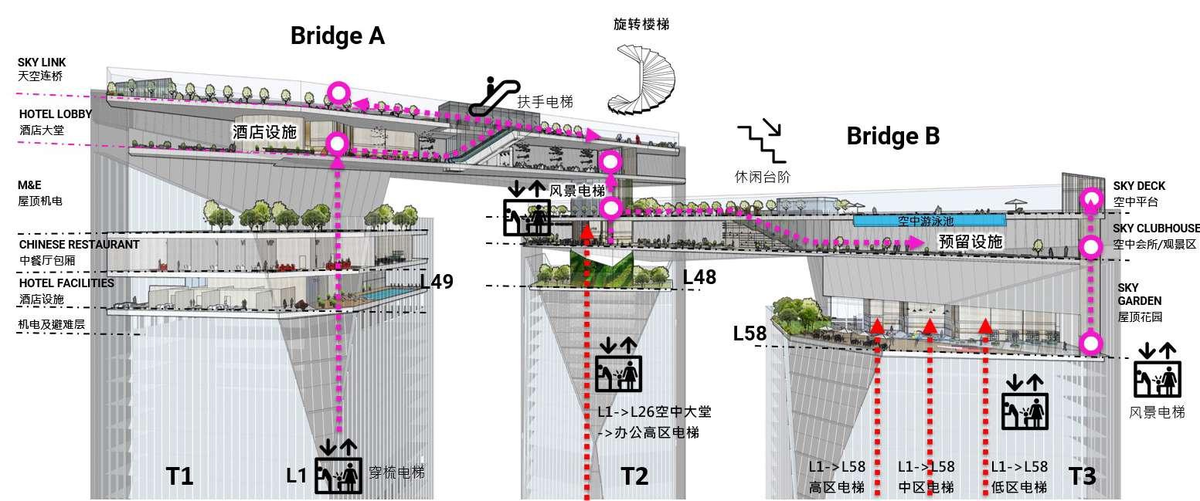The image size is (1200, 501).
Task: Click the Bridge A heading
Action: [x=337, y=36]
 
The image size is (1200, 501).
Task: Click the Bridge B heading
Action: [x=892, y=136]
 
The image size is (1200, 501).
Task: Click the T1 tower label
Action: [x=179, y=476]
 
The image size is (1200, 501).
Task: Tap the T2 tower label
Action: [x=634, y=476]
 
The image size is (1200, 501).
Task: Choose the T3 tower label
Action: [x=1082, y=476]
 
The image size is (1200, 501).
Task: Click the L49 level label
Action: [x=437, y=281]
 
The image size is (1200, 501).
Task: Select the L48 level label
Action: [x=699, y=276]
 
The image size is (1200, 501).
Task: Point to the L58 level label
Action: [x=750, y=333]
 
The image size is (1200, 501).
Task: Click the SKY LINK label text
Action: [x=42, y=63]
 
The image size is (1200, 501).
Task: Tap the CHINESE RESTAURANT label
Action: [x=79, y=245]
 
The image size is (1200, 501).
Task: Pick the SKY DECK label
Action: [x=1139, y=186]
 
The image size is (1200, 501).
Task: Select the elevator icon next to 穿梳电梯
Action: [x=338, y=467]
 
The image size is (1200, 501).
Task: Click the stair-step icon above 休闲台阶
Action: [x=758, y=139]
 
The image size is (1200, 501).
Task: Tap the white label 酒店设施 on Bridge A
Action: [x=264, y=132]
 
